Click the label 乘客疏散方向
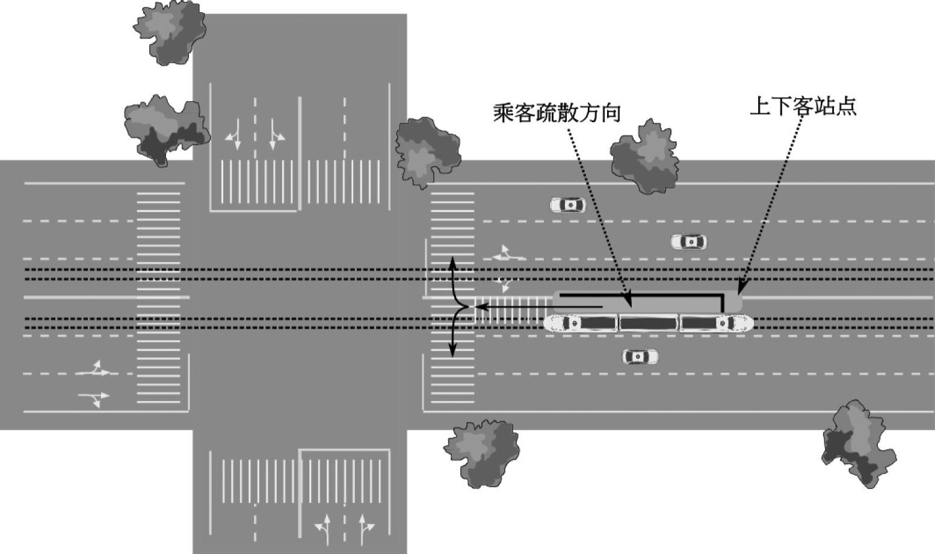point(557,112)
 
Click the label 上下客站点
point(803,106)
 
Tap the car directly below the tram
point(640,357)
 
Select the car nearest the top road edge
point(567,205)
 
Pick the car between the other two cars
point(689,242)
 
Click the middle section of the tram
point(649,323)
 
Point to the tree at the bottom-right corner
point(858,444)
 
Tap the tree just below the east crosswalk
point(483,453)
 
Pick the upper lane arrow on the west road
point(94,370)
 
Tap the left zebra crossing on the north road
point(257,181)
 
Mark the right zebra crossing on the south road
point(344,481)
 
